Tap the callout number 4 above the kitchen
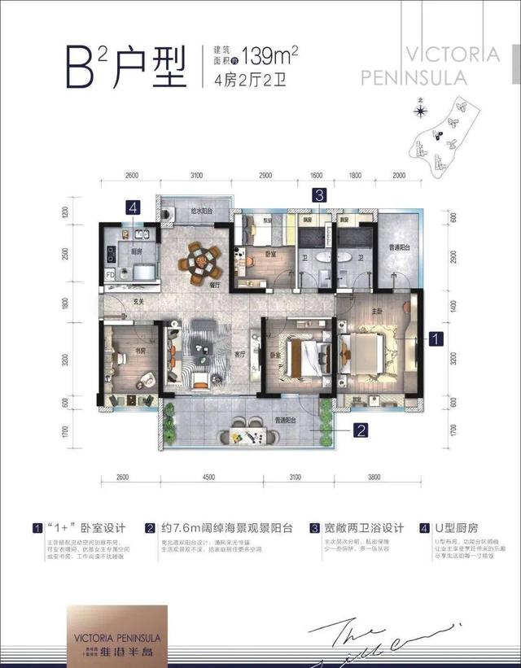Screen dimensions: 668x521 pos(132,207)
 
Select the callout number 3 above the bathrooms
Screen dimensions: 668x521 pos(321,194)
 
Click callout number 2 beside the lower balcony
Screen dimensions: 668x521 pos(359,426)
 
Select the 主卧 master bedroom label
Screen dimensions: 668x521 pos(378,310)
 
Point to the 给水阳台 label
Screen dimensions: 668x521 pos(203,212)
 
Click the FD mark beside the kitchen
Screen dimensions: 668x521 pos(110,274)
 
